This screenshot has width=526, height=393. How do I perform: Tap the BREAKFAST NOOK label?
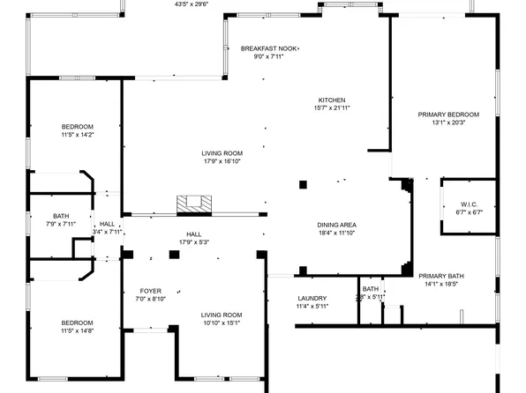(x=270, y=48)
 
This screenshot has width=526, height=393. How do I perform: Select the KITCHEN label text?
(x=332, y=100)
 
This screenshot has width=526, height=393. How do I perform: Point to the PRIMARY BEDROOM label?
(x=448, y=115)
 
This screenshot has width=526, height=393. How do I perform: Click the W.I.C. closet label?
(x=469, y=204)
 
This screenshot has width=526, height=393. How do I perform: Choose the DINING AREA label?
(x=337, y=226)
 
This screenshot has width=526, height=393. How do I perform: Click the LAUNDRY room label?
(x=312, y=298)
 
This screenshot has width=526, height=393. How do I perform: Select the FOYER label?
(x=151, y=291)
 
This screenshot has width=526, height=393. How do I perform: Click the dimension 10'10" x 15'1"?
(x=221, y=323)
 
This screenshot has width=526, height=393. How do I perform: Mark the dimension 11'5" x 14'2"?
(x=78, y=135)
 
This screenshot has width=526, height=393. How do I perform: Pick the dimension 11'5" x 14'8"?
(x=78, y=330)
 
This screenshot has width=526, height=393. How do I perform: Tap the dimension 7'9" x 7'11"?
(x=61, y=224)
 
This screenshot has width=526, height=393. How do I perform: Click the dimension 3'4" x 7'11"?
(x=107, y=233)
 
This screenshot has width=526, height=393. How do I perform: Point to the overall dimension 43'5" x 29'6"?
(x=192, y=4)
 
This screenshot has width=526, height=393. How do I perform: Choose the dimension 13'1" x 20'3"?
(x=448, y=123)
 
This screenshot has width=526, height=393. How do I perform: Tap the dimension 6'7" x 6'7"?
(x=469, y=212)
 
